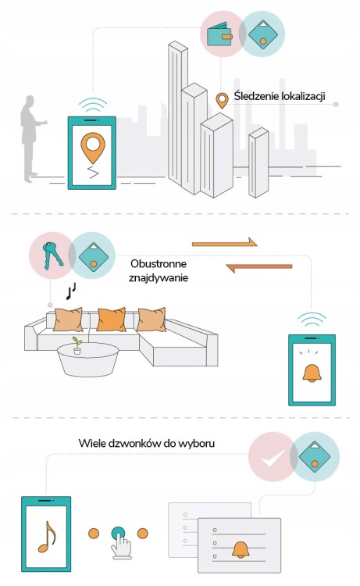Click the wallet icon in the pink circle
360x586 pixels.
219,34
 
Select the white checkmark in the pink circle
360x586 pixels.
273,457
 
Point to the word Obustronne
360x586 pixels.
159,264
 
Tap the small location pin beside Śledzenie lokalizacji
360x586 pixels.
223,101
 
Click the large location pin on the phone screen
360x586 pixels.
93,148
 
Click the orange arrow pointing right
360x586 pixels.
224,243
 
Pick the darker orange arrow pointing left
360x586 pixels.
259,267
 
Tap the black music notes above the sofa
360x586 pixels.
71,291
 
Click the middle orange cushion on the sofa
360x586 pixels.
111,320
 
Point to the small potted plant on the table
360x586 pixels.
77,345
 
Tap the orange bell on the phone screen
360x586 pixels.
312,373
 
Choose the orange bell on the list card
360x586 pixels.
241,550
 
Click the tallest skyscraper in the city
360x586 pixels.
178,116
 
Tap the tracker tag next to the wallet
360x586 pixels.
263,34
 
